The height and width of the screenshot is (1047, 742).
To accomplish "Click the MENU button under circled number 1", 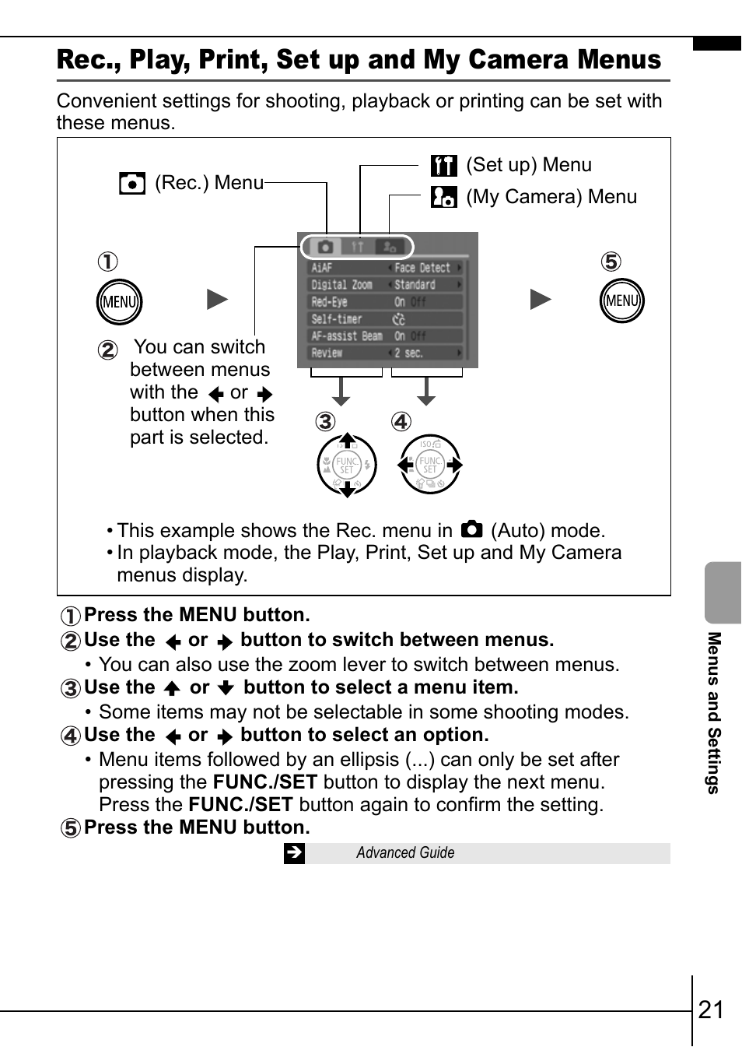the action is (x=119, y=302).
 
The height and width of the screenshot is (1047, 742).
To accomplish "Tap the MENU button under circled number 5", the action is (x=622, y=301).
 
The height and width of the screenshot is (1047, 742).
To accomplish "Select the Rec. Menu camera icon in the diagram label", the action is (x=132, y=184).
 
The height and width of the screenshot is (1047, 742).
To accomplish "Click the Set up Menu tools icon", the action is (x=444, y=165).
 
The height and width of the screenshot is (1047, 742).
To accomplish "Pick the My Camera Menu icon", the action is (x=444, y=197).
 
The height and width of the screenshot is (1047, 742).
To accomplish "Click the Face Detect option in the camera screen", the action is (x=422, y=268).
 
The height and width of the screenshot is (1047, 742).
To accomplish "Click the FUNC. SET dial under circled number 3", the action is (x=347, y=466).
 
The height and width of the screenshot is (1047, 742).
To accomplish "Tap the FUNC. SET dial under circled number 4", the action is (x=430, y=465).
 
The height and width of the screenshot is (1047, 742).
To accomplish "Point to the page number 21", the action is (x=712, y=1010).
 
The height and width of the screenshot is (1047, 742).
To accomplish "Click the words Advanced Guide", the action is (x=405, y=853).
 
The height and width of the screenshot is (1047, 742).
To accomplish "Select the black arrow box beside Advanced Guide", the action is (x=295, y=853).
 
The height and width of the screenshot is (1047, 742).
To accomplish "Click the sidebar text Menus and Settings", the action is (x=714, y=712).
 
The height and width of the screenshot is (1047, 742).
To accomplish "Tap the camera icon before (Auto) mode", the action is (x=471, y=530).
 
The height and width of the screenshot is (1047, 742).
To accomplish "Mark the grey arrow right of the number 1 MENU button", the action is (x=217, y=300).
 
